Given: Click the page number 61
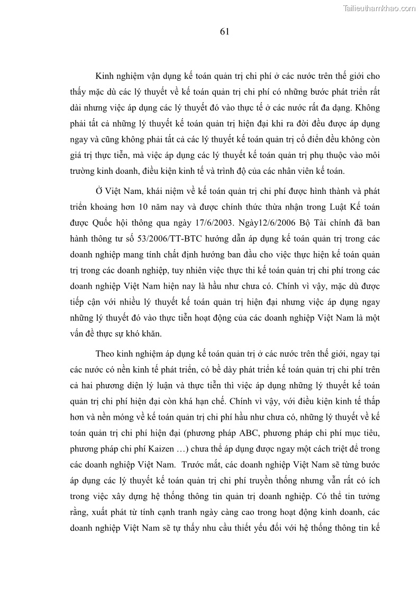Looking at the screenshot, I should tap(224, 32).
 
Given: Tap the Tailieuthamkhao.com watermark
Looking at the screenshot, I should tap(380, 8).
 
